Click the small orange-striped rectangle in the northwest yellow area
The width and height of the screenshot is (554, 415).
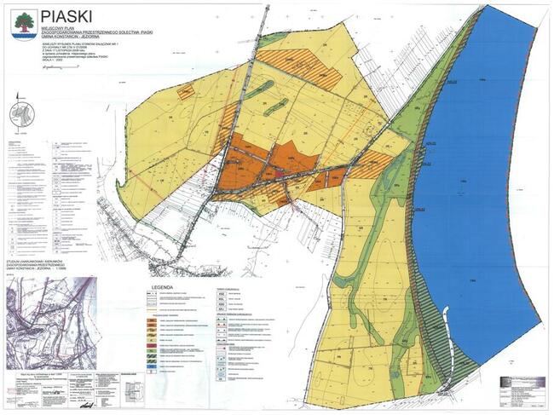pyautogui.click(x=187, y=91)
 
